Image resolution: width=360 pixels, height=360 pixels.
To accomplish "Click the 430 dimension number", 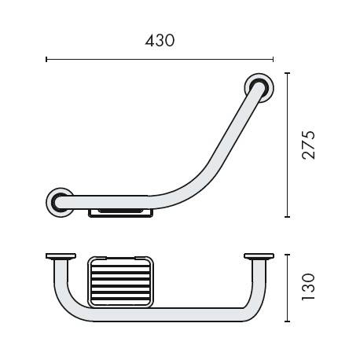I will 159,40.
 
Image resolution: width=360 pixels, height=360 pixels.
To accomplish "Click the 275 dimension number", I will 310,145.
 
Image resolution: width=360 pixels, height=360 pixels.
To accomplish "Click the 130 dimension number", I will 310,288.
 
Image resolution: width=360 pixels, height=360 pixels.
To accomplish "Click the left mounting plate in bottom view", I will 60,256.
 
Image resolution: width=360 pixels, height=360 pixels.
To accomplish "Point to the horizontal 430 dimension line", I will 160,58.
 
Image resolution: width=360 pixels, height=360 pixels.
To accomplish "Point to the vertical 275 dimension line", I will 287,145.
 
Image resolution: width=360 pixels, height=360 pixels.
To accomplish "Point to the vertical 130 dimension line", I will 287,288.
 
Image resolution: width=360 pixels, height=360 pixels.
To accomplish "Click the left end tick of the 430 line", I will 46,58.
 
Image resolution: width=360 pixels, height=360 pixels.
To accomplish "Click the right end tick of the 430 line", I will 273,58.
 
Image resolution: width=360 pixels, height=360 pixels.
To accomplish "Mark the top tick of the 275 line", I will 287,73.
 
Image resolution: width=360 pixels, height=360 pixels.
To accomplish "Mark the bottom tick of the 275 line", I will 287,216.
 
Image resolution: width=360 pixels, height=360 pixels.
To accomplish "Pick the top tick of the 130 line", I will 287,254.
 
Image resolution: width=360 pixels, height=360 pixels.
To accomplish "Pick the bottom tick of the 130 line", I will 287,321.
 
